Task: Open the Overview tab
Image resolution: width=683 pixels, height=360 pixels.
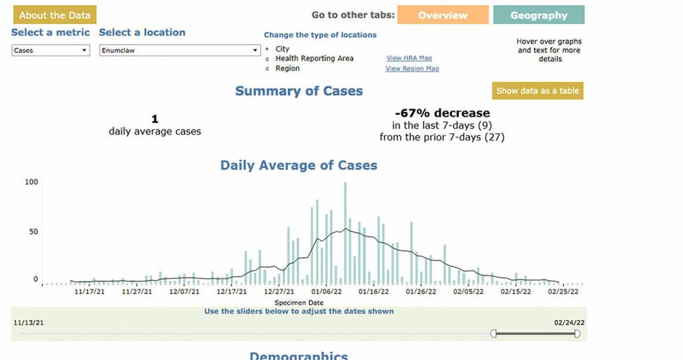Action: [x=442, y=15]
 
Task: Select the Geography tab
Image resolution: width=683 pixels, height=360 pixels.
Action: [x=538, y=15]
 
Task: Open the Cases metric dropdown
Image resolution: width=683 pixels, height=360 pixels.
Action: [x=51, y=50]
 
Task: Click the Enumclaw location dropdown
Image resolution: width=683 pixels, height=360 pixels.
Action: [x=179, y=50]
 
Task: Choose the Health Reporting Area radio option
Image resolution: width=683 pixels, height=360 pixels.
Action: [x=267, y=59]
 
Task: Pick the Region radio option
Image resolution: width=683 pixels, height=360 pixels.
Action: [x=267, y=69]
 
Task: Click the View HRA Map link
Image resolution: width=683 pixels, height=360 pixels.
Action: [x=409, y=58]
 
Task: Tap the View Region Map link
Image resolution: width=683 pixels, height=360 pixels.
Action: [x=412, y=69]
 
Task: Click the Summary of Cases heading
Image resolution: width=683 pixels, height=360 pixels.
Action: [x=299, y=91]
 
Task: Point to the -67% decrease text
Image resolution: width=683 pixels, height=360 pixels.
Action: [x=442, y=113]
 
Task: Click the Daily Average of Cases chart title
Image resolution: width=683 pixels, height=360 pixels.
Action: [x=299, y=165]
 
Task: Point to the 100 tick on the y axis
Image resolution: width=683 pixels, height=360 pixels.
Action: [x=31, y=182]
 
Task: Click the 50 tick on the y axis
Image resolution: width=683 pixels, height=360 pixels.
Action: [x=33, y=232]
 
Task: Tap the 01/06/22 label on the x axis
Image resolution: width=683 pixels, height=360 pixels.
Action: [x=326, y=291]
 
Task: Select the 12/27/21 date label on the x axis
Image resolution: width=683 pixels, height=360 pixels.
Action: [x=279, y=291]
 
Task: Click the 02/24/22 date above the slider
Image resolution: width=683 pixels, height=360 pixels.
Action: [x=569, y=323]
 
